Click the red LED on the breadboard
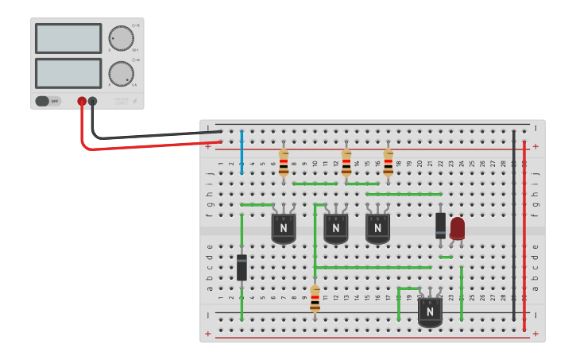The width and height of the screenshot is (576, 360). coord(457,228)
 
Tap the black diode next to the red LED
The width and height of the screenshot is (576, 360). coord(440,225)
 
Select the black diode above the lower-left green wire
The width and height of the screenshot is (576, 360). coord(242,267)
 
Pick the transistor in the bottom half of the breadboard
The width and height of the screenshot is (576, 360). coord(430,312)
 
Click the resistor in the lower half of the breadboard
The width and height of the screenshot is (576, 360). coord(315,300)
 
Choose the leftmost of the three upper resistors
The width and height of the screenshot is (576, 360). coord(284,162)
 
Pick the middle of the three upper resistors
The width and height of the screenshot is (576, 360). coord(346,162)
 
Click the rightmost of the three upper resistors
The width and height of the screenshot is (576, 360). coord(388,162)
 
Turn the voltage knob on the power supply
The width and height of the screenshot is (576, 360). coord(121,38)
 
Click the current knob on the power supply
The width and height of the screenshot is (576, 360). coord(121,73)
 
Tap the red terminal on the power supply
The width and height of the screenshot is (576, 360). coord(82,101)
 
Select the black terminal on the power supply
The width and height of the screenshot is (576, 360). coord(93,101)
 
